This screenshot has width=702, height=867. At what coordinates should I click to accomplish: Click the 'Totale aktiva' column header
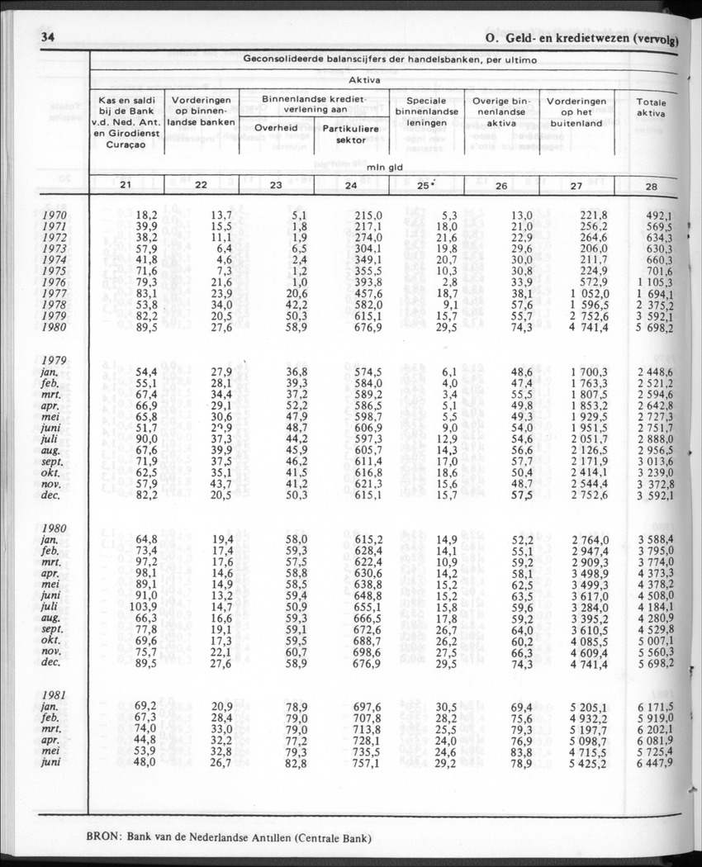(x=651, y=107)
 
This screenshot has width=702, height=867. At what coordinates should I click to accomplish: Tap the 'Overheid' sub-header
(x=276, y=128)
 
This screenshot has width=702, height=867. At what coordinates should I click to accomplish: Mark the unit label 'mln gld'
(x=385, y=168)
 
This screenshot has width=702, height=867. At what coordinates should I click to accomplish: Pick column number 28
(x=652, y=187)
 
